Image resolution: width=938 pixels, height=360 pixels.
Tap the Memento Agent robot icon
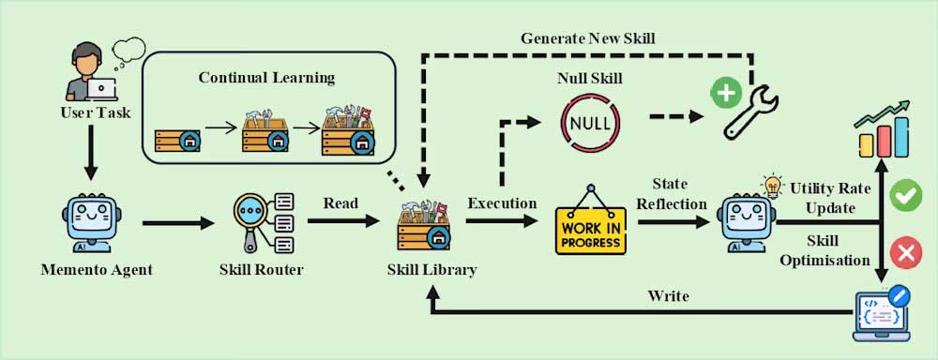pos(91,221)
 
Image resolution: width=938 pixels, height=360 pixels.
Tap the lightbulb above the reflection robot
pos(774,184)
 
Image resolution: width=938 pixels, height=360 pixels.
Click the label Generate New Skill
pos(588,38)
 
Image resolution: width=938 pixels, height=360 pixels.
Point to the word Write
pos(668,296)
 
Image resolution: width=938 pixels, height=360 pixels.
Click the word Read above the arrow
pos(340,202)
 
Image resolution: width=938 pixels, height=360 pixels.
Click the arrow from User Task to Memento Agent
pos(91,154)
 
